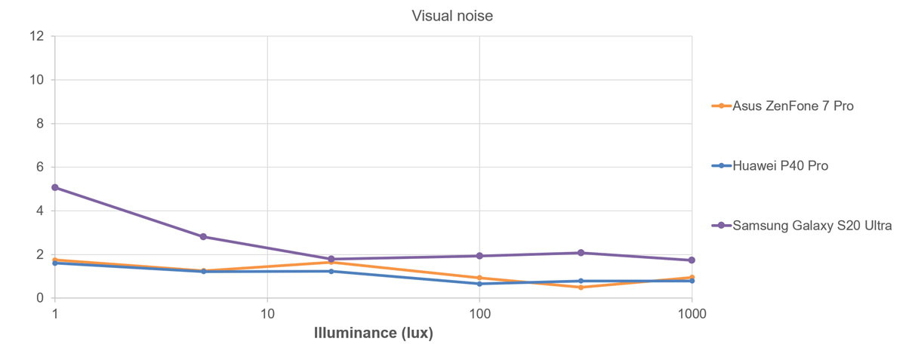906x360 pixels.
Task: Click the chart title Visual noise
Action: (x=452, y=16)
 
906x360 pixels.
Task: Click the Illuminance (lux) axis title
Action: (x=373, y=333)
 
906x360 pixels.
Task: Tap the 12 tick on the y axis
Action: (x=37, y=36)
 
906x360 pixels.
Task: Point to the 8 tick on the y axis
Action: (x=40, y=124)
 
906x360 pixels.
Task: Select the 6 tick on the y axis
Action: (x=40, y=168)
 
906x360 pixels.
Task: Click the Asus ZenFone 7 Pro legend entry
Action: (x=793, y=106)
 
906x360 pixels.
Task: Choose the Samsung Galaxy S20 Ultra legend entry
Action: (x=812, y=225)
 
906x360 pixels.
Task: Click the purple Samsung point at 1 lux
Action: (x=55, y=187)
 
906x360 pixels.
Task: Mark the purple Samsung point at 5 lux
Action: (x=203, y=236)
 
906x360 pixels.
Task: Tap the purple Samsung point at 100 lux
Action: (x=479, y=256)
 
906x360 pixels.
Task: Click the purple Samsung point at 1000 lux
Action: (x=692, y=260)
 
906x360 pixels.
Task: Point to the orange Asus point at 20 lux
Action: (x=331, y=262)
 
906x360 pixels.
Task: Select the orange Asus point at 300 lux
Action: (x=581, y=287)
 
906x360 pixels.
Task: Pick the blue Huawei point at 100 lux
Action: (x=479, y=284)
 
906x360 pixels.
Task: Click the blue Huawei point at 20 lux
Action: (x=331, y=271)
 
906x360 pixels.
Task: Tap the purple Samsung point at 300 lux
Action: (x=581, y=253)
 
